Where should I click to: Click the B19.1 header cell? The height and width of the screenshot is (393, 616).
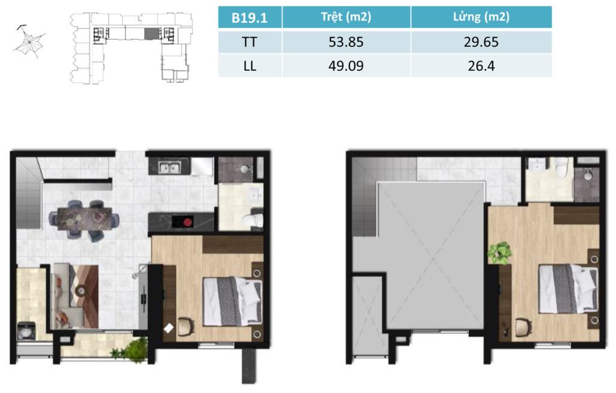[250, 17]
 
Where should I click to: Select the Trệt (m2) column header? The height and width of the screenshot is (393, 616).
[346, 17]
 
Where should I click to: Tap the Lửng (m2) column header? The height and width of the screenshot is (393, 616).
[481, 17]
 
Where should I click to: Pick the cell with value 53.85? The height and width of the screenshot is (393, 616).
[346, 41]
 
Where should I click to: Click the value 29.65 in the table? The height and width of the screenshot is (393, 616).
[481, 41]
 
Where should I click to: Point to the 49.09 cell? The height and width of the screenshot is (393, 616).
[346, 65]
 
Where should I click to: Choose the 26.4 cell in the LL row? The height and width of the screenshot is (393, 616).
[481, 65]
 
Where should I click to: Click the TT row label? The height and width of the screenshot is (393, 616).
[250, 41]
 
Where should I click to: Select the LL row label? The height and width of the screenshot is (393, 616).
[250, 65]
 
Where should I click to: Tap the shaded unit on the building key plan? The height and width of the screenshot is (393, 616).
[150, 34]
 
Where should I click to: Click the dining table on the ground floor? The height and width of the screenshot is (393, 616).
[84, 218]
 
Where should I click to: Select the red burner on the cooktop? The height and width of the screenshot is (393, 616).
[188, 222]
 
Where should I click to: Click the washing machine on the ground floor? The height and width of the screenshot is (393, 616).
[26, 331]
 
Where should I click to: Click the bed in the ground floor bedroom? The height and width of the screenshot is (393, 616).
[232, 301]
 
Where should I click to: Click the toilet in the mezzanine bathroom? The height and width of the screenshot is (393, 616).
[561, 167]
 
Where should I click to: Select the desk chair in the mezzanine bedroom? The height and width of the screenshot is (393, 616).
[523, 327]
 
